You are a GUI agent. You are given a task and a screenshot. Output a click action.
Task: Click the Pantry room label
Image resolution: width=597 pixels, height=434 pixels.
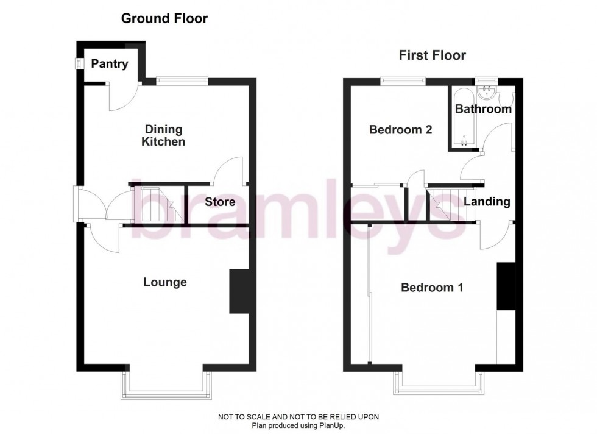pos(110,63)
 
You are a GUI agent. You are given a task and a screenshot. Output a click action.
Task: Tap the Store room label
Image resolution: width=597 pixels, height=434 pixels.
pos(220,202)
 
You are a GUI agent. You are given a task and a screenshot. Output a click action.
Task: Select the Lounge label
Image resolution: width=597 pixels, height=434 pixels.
pos(164,282)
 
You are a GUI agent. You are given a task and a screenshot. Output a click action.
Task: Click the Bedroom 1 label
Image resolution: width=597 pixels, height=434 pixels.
pos(432,287)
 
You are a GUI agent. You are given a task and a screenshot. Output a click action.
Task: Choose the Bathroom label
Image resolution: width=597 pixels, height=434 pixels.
pos(483,109)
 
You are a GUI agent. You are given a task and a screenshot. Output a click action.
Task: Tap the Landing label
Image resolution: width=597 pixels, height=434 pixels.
pos(487,202)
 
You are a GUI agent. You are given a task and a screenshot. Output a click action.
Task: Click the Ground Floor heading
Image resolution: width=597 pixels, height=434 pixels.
pos(164,18)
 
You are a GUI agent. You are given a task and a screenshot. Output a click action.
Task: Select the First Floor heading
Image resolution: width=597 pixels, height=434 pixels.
pos(432,55)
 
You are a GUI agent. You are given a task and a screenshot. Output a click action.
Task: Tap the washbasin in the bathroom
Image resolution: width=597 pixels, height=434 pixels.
pos(487,93)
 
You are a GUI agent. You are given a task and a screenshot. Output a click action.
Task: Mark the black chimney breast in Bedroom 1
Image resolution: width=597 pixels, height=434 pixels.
pos(506,286)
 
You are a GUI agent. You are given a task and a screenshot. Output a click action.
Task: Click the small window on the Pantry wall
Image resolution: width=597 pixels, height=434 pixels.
pos(79,63)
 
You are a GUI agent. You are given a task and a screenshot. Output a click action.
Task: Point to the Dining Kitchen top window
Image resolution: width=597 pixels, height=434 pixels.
pos(182,79)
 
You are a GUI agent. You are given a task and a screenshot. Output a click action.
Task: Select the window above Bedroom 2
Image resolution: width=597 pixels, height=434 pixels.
pos(403,80)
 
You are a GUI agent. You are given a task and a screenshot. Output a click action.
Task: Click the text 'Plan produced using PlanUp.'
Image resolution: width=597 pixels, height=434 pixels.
pos(298,425)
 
